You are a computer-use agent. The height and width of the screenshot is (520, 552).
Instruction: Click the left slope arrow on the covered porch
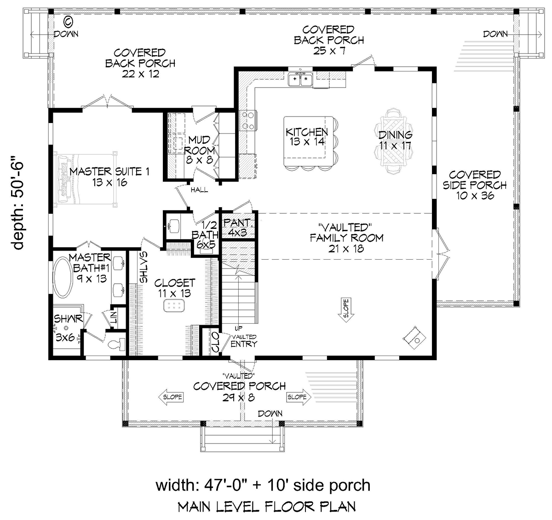tap(171, 397)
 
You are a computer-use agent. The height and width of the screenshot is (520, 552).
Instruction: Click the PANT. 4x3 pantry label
tap(238, 228)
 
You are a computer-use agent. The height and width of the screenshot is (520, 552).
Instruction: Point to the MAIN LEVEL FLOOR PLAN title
tap(266, 507)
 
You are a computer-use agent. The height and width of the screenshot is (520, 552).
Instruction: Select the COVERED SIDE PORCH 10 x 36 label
tap(475, 185)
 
